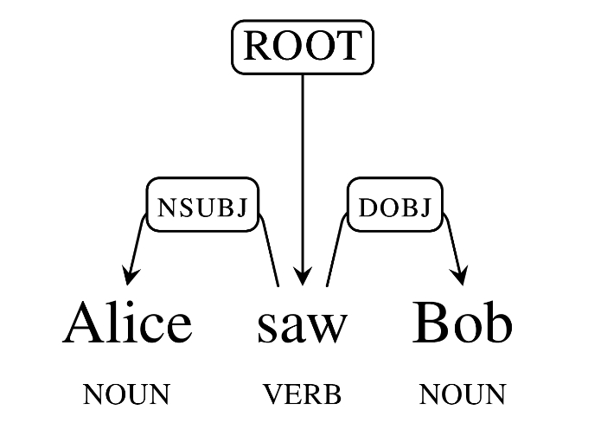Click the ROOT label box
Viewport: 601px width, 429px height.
(301, 46)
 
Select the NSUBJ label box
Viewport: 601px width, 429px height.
(202, 206)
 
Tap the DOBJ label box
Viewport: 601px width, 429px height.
(393, 206)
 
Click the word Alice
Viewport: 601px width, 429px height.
(127, 323)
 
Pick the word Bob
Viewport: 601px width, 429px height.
(463, 323)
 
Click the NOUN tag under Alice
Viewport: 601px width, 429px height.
(126, 395)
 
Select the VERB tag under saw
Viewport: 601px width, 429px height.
(302, 395)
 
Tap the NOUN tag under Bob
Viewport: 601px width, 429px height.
(462, 395)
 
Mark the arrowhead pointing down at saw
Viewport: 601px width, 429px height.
(302, 276)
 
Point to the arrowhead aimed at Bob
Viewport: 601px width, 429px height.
(461, 276)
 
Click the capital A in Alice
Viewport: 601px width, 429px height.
(84, 323)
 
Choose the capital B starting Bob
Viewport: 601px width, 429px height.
(431, 323)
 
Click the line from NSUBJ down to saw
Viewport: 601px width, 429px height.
(272, 255)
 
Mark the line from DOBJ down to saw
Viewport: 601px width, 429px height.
(336, 255)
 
